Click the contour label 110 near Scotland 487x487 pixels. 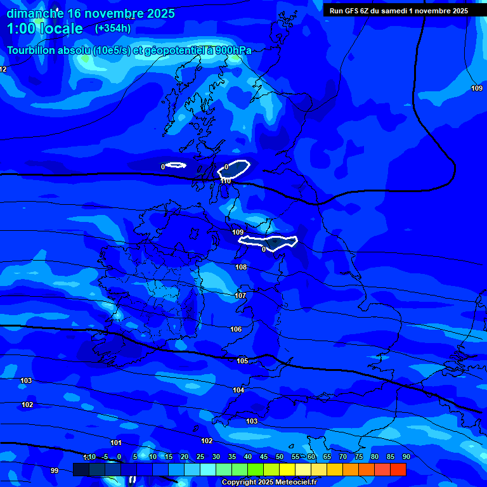(x=226, y=181)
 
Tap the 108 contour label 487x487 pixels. (x=241, y=267)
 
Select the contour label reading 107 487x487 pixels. (x=240, y=295)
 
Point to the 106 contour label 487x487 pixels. (x=236, y=329)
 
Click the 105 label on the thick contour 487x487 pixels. (x=242, y=361)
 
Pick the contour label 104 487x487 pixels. (x=238, y=390)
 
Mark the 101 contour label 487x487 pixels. (x=116, y=443)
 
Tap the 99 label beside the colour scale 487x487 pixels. (x=55, y=471)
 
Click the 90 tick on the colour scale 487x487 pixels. (x=406, y=457)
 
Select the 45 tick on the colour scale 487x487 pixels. (x=264, y=457)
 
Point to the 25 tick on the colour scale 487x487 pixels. (x=200, y=457)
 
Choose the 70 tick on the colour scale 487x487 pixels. (x=343, y=457)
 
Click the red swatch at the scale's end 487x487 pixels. (x=398, y=469)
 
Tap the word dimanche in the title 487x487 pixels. (x=34, y=13)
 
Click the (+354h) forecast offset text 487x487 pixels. (x=113, y=28)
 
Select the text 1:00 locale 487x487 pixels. (x=44, y=29)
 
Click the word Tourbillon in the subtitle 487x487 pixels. (x=32, y=50)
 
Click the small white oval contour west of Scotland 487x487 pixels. (x=176, y=166)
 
